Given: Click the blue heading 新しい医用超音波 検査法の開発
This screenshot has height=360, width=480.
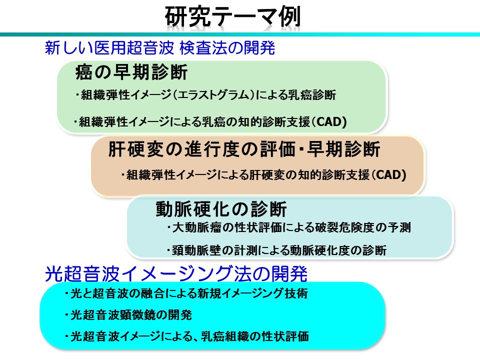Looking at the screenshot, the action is (x=160, y=48).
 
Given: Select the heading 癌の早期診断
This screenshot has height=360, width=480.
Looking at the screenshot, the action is (x=131, y=72).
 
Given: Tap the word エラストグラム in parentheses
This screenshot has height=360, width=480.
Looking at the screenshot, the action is (x=213, y=94).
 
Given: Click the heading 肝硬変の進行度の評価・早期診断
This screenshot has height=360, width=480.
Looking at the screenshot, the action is (x=244, y=149).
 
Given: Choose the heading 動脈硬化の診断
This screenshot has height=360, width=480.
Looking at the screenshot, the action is (x=221, y=209).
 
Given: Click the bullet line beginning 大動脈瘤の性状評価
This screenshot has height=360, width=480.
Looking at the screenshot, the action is (x=288, y=227).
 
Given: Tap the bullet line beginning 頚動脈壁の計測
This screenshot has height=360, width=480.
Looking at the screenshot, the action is (x=276, y=250).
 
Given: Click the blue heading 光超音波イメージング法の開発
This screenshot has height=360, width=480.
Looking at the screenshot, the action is (x=176, y=273).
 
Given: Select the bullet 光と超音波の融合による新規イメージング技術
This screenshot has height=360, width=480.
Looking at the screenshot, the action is (x=186, y=293).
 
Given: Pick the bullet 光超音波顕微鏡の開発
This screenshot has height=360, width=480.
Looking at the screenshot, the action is (x=128, y=314).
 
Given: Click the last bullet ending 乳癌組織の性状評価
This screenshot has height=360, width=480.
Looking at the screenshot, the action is (x=186, y=336).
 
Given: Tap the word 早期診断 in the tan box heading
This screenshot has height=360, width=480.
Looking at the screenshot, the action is (x=343, y=149).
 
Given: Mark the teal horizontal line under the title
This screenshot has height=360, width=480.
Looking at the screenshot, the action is (x=240, y=34).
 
